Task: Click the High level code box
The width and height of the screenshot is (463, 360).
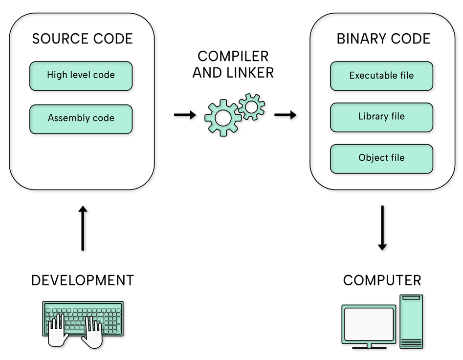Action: coord(81,76)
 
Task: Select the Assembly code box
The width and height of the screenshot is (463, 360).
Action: coord(81,119)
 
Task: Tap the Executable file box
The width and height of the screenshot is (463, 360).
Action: coord(381,76)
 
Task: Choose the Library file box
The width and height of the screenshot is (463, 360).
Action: coord(381,117)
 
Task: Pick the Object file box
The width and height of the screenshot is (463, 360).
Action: coord(381,158)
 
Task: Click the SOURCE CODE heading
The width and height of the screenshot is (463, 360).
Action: coord(82,39)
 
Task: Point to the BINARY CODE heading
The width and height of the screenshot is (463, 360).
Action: coord(383,39)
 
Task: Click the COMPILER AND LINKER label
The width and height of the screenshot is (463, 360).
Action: coord(233,64)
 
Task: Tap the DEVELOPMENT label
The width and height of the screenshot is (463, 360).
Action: coord(82,280)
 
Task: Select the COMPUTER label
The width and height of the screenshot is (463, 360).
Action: coord(382,280)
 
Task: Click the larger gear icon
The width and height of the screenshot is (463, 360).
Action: coord(222,118)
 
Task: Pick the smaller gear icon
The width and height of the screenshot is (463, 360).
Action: coord(251,106)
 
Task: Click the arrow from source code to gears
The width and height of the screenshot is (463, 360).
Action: coord(185,115)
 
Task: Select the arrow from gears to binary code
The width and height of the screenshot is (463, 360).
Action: coord(286,115)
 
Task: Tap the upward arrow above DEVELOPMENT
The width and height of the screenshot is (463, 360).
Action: coord(83,228)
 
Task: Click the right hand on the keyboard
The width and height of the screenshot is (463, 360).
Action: coord(92,332)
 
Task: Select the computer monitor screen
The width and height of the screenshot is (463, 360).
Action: coord(368,324)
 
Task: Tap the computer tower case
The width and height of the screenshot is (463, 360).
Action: coord(411,321)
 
